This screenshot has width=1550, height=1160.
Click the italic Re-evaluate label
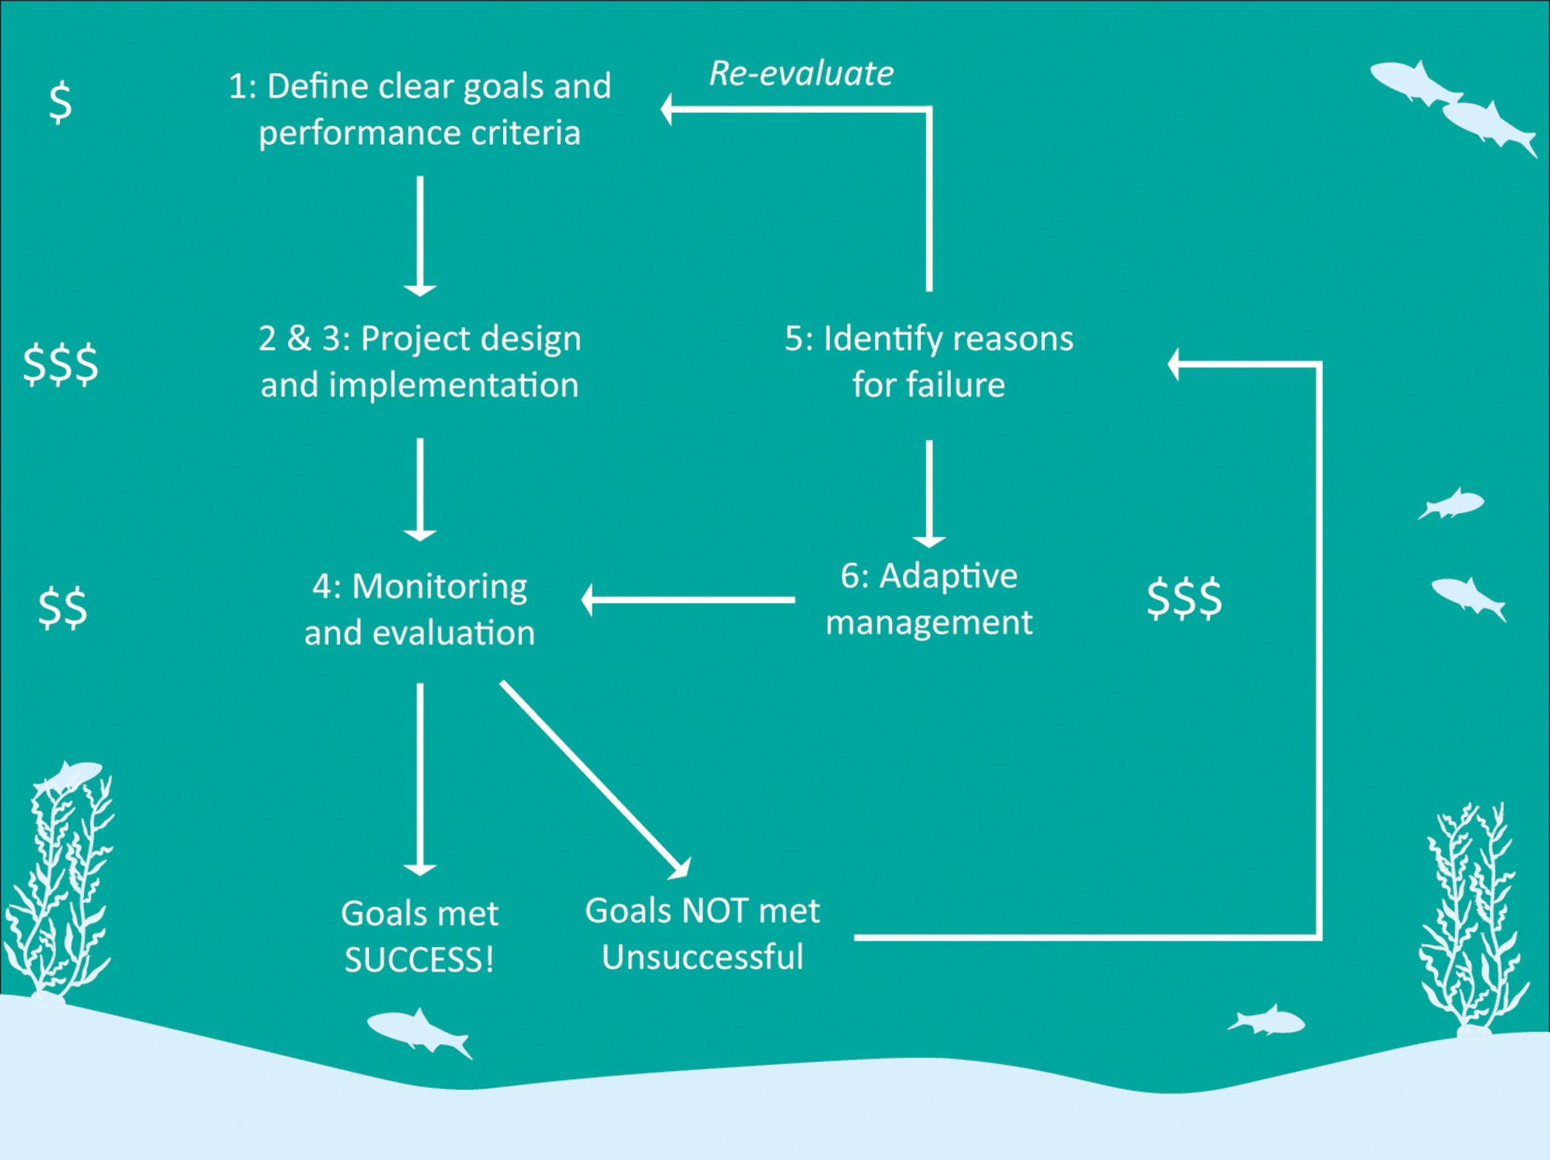pos(801,74)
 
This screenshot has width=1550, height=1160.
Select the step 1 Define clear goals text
pos(420,109)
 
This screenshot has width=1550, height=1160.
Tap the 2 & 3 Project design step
pos(420,361)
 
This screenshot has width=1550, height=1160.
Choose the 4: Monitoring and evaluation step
pos(420,609)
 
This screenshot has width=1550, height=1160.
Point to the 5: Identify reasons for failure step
pos(929,361)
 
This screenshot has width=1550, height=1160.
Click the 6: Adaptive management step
pos(929,599)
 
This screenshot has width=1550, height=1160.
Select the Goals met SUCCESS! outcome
pos(420,936)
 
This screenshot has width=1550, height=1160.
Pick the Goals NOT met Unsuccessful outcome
pos(702,934)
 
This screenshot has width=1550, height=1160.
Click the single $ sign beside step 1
pos(61,102)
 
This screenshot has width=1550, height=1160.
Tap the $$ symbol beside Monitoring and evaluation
pos(63,607)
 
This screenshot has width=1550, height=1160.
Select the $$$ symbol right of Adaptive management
pos(1184,599)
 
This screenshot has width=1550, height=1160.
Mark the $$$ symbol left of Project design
pos(61,364)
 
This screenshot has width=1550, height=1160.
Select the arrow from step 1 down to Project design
pos(420,235)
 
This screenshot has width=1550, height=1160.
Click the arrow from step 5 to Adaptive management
pos(929,493)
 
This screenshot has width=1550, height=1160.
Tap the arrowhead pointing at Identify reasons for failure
pos(1174,364)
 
